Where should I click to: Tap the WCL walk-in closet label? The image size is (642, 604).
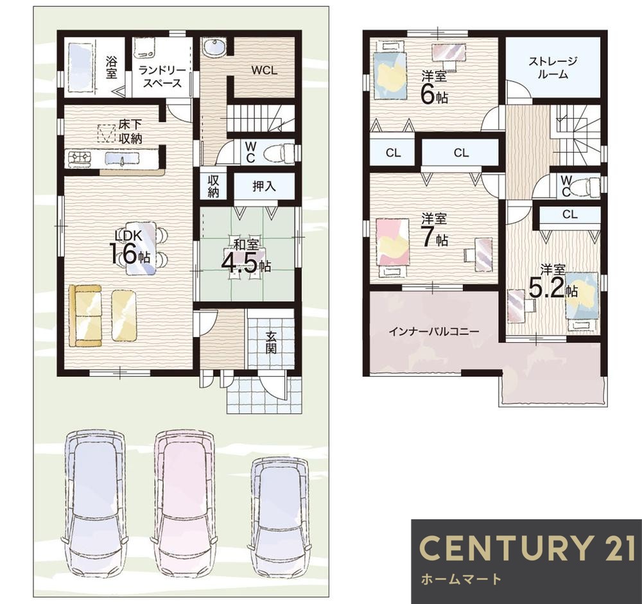(x=264, y=70)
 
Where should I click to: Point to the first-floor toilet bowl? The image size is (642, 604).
(x=279, y=153)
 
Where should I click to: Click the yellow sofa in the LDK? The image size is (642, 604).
(x=85, y=316)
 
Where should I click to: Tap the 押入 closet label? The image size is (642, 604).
(x=264, y=186)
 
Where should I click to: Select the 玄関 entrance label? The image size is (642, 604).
(x=271, y=342)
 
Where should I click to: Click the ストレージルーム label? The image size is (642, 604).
(x=553, y=68)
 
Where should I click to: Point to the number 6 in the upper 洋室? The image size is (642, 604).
(x=428, y=94)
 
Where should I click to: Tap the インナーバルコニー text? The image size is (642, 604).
(x=433, y=331)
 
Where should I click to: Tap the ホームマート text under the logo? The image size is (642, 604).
(x=461, y=579)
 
